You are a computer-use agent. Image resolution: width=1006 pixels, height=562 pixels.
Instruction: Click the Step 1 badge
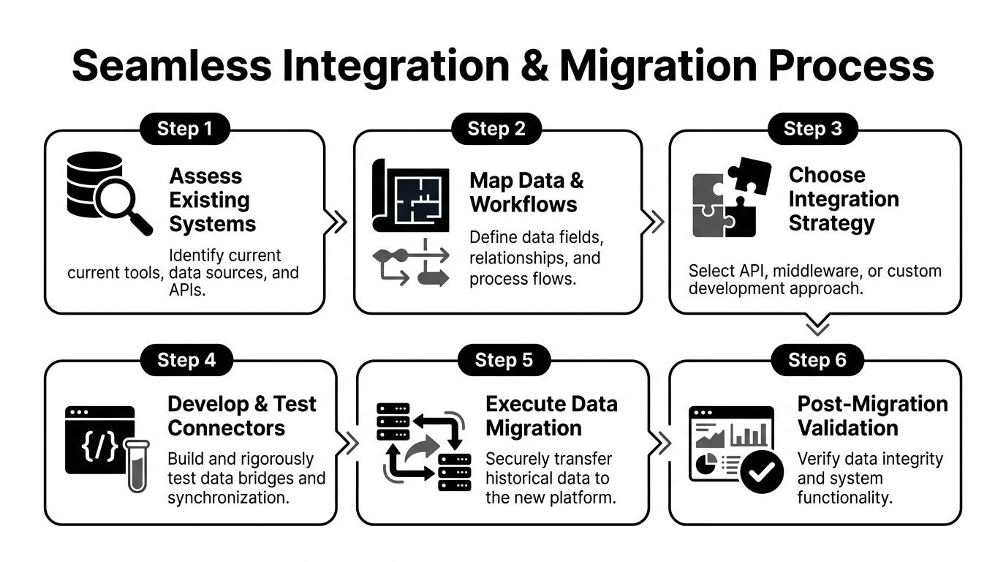[184, 130]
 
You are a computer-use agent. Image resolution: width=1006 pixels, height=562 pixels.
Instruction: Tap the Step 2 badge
[496, 130]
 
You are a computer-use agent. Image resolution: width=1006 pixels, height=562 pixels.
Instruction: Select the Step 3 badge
[812, 130]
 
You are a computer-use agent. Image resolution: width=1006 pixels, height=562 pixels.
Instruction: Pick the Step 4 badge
[186, 360]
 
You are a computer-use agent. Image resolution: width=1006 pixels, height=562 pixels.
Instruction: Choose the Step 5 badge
[504, 360]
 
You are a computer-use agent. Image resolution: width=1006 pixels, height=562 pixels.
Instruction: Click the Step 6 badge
[817, 360]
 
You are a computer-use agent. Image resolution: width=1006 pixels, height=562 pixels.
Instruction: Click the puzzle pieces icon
[724, 198]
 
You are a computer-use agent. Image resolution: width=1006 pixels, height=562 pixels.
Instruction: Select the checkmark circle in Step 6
[762, 473]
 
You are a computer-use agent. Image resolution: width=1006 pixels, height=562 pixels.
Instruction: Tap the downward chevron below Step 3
[816, 326]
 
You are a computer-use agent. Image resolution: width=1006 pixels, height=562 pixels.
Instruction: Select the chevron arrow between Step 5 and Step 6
[661, 443]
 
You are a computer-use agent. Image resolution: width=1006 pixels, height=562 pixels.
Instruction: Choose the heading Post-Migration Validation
[872, 416]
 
